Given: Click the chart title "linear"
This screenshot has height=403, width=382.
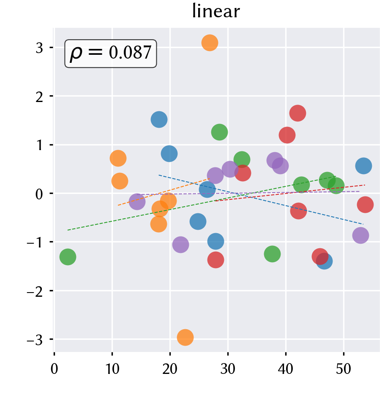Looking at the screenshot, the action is [216, 11].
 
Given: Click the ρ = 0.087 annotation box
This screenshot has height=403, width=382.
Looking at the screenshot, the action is [111, 54].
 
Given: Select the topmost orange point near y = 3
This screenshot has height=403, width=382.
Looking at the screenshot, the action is [210, 43].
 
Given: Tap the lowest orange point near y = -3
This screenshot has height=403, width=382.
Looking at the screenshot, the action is [185, 337].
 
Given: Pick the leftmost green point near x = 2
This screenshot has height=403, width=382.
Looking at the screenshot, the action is [68, 257].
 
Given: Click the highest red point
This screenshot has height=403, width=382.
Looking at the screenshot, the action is [297, 113].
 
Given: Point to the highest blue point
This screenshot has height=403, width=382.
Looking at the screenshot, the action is [159, 120].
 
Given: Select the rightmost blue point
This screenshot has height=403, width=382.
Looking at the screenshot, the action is [363, 166].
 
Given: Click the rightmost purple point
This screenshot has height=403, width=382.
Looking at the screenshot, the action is [360, 235].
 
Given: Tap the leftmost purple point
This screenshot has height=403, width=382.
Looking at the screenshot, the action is [137, 201].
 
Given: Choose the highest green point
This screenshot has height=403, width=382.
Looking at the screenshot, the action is [219, 132].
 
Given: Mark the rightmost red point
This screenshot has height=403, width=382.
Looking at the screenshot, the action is [365, 204].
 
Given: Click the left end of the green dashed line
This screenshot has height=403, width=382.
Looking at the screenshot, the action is [68, 230].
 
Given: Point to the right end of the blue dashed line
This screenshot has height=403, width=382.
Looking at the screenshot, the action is [363, 224].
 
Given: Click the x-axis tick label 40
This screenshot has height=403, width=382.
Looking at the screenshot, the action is [286, 369].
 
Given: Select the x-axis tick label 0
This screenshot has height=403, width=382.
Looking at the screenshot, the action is [54, 369].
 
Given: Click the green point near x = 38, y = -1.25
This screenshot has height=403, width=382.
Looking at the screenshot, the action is [272, 254].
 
